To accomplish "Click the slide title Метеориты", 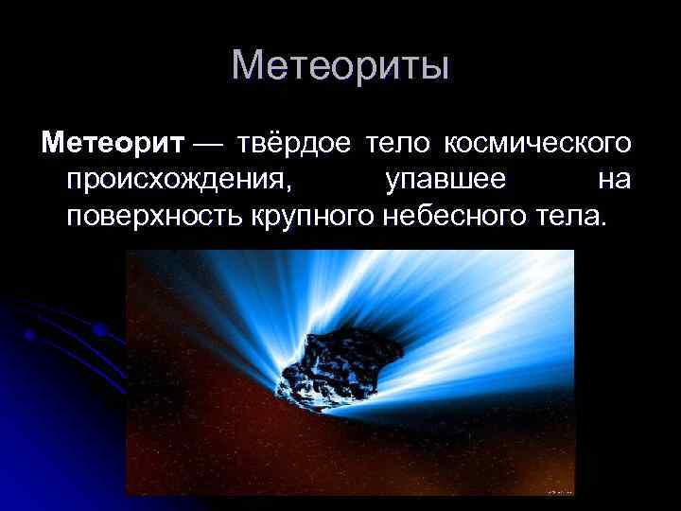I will click(x=340, y=65).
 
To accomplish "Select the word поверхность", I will click(x=155, y=217).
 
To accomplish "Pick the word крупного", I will click(x=314, y=217).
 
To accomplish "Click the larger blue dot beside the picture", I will click(x=96, y=330).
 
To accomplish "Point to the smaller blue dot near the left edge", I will click(x=31, y=334).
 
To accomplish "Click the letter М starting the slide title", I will click(x=247, y=65).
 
